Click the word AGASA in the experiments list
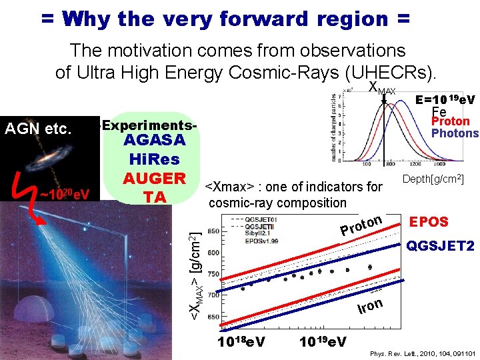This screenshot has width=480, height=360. click(155, 141)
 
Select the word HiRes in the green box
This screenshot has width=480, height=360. click(155, 160)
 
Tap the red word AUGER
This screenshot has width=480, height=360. click(155, 179)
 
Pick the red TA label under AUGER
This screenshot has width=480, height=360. click(155, 197)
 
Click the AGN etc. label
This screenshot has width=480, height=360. click(38, 128)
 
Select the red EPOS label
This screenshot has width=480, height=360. click(428, 221)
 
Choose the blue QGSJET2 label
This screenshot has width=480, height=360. click(441, 247)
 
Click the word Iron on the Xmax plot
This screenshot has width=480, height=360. click(370, 306)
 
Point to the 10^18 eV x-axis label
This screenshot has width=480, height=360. click(242, 342)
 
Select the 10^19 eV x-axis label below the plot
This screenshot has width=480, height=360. click(323, 342)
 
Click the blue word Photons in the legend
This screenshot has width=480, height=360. click(455, 133)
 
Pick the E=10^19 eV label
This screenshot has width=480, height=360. click(445, 100)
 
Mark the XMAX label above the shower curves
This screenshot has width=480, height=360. click(382, 88)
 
